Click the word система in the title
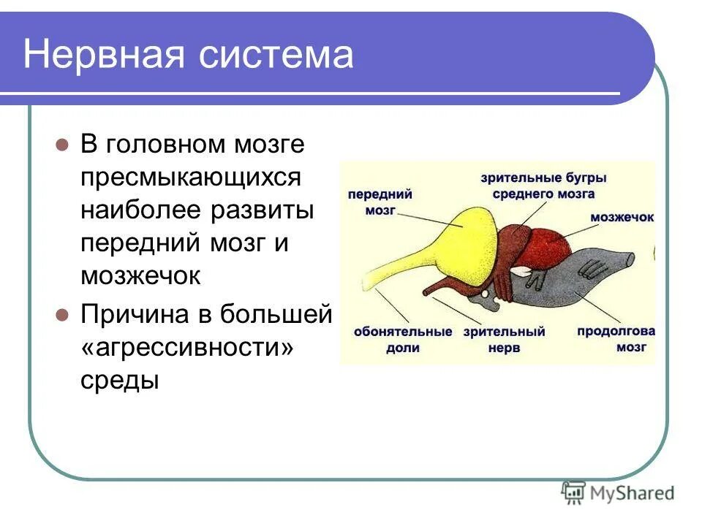click(x=278, y=55)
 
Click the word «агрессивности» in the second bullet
click(x=186, y=348)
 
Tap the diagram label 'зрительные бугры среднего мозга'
click(x=543, y=186)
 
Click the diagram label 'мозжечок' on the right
click(x=622, y=218)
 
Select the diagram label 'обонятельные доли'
click(x=403, y=340)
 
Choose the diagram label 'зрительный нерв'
click(x=504, y=340)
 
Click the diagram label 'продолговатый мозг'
click(x=616, y=340)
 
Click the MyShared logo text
click(x=631, y=493)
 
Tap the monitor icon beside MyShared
click(x=574, y=492)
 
